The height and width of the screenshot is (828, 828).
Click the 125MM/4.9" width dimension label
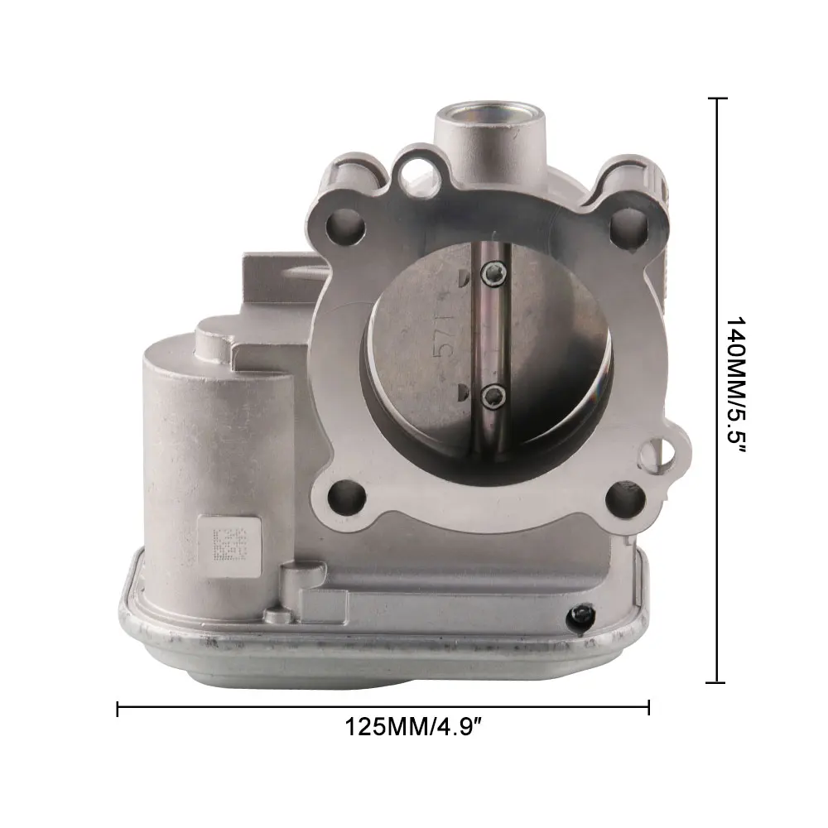[x=415, y=727]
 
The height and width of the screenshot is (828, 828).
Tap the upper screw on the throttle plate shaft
[x=493, y=273]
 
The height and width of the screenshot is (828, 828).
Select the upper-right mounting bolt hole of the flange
[x=628, y=226]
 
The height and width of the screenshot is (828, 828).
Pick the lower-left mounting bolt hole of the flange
[x=347, y=497]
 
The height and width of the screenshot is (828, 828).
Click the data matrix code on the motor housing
[x=230, y=544]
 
